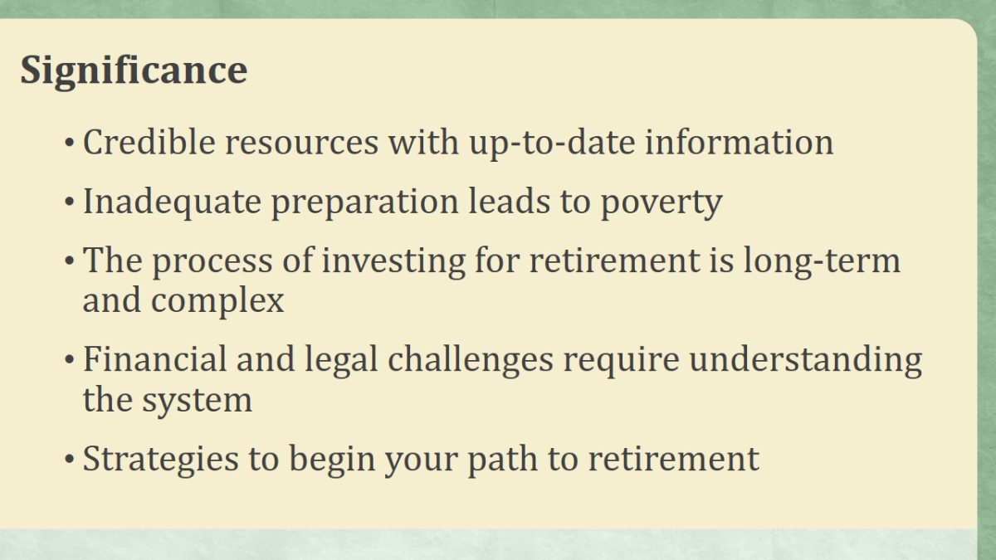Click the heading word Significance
[134, 71]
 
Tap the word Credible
[149, 142]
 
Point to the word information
[739, 142]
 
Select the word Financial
[154, 359]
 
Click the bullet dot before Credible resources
[69, 143]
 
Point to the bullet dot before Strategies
[69, 459]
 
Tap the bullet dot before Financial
[69, 359]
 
